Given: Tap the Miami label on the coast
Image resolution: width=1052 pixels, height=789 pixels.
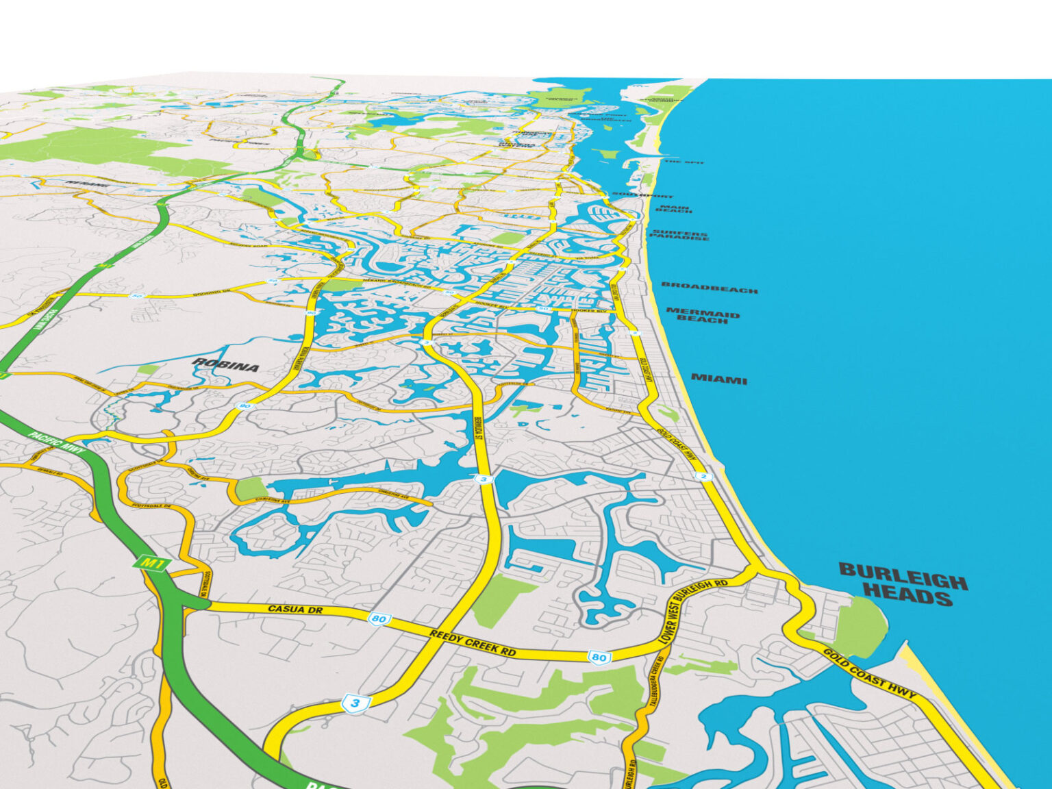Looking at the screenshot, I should [x=719, y=379].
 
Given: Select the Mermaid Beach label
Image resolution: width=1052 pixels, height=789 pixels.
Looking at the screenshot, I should [x=703, y=316].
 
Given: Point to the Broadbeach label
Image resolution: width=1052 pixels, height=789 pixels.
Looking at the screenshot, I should [x=710, y=288].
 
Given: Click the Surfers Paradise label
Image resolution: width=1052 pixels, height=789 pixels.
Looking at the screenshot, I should [x=679, y=235].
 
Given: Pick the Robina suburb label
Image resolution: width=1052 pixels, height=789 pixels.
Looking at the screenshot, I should [x=226, y=364].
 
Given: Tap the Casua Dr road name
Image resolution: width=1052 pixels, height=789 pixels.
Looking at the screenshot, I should [x=295, y=609].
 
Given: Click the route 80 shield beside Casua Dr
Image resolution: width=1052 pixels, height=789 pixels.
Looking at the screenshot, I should [x=378, y=619].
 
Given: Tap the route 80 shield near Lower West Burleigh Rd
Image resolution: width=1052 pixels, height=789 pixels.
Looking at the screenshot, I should [x=599, y=657].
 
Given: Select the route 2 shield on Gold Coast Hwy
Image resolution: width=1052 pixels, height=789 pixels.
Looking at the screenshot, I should [x=703, y=477].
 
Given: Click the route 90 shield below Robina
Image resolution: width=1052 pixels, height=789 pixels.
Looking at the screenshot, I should [x=245, y=406].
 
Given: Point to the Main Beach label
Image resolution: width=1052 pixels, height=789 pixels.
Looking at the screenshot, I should [x=674, y=208].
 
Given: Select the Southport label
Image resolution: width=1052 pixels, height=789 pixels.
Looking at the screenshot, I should [x=642, y=195].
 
